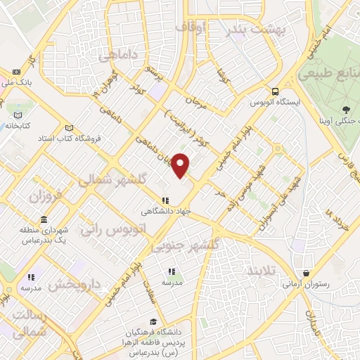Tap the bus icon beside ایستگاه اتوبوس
click(x=275, y=91)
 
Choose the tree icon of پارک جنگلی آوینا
click(x=346, y=109)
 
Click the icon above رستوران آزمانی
click(x=306, y=274)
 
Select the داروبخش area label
click(x=79, y=285)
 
